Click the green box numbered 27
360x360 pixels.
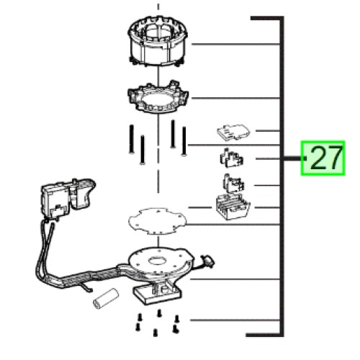coord(323,158)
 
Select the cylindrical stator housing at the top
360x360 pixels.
coord(158,41)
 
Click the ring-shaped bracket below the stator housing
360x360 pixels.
coord(158,97)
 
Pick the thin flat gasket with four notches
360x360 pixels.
coord(158,221)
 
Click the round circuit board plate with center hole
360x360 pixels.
coord(161,261)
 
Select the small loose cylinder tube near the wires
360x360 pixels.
coord(106,299)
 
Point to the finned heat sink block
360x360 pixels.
coord(233,207)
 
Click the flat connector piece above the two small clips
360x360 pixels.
coord(233,132)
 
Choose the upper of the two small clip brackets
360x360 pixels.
coord(231,158)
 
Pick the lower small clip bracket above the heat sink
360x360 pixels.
coord(233,184)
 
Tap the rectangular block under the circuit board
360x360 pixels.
coord(157,293)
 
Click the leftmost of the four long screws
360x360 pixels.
coord(131,139)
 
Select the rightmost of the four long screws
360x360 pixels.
coord(184,141)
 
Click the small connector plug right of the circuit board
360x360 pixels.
coord(208,261)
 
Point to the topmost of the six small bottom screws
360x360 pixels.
coord(158,313)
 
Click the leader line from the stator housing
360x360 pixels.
coord(235,44)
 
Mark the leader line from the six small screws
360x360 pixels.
coord(235,320)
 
